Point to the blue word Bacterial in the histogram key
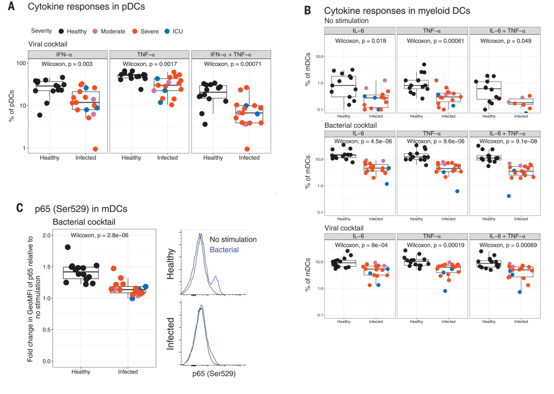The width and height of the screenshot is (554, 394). coord(224,249)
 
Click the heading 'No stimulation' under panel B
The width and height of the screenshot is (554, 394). coord(347,20)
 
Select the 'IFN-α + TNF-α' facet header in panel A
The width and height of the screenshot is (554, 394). coord(231,54)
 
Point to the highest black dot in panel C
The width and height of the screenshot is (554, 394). coord(68,247)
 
